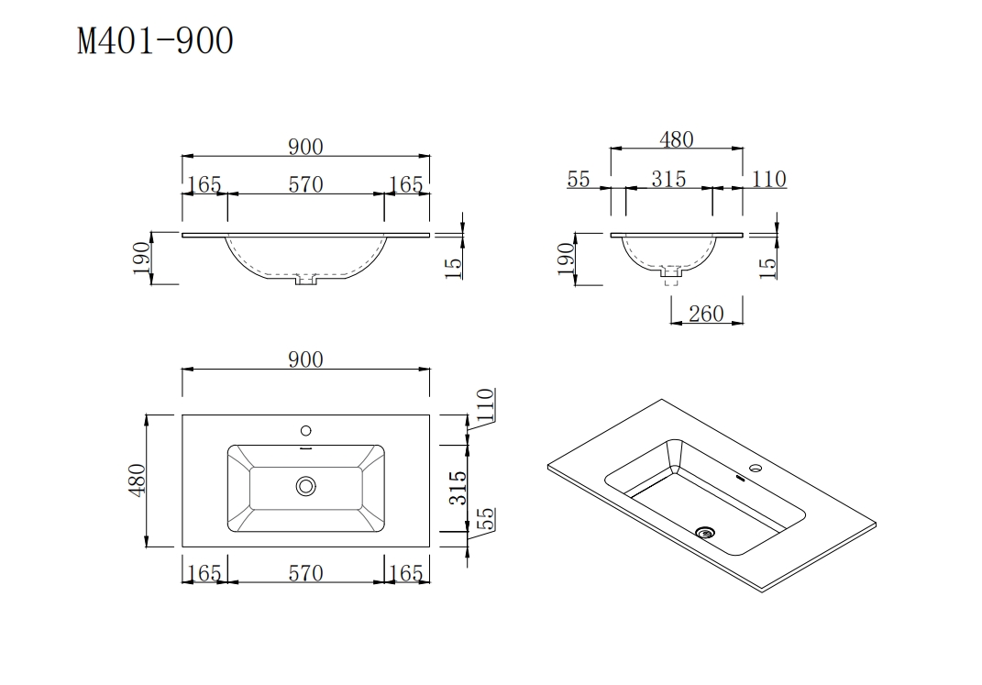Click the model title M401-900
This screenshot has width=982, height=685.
tap(155, 41)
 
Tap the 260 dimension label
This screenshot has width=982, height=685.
tap(705, 314)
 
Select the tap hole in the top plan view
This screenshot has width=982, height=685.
tap(306, 430)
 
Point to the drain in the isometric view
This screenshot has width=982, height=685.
tap(705, 530)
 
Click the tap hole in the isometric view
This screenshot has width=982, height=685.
tap(755, 470)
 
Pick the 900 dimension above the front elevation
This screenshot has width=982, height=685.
tap(305, 146)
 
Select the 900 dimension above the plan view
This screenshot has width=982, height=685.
tap(305, 359)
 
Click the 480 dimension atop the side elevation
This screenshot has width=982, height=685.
tap(677, 139)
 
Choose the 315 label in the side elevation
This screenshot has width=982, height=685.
tap(668, 179)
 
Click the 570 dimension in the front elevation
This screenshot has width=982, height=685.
tap(305, 184)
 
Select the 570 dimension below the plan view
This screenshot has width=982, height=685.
tap(305, 573)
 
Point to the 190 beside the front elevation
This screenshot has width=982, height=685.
tap(141, 259)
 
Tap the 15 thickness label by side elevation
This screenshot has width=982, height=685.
tap(767, 265)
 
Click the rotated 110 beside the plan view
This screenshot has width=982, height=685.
tap(485, 405)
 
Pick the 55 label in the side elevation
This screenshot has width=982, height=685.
tap(579, 179)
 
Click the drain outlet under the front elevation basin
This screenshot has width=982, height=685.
tap(305, 280)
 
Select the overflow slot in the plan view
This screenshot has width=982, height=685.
tap(306, 448)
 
